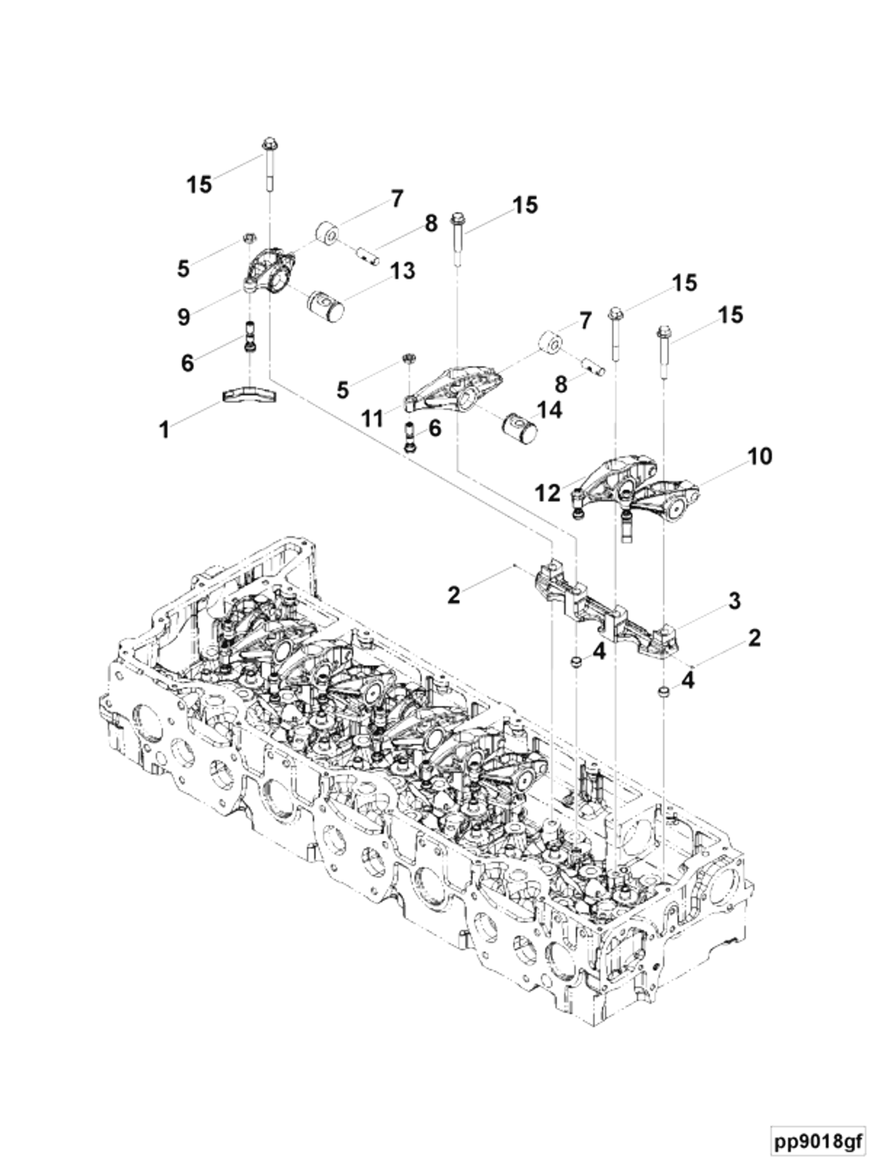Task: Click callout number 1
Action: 164,430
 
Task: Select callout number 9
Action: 184,317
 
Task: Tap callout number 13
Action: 402,271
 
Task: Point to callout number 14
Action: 548,410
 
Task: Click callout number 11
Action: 374,419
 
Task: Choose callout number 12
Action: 548,493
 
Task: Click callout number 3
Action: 734,600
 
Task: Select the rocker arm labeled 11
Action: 452,389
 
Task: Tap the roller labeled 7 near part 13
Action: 327,234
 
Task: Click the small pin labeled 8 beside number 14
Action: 593,366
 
